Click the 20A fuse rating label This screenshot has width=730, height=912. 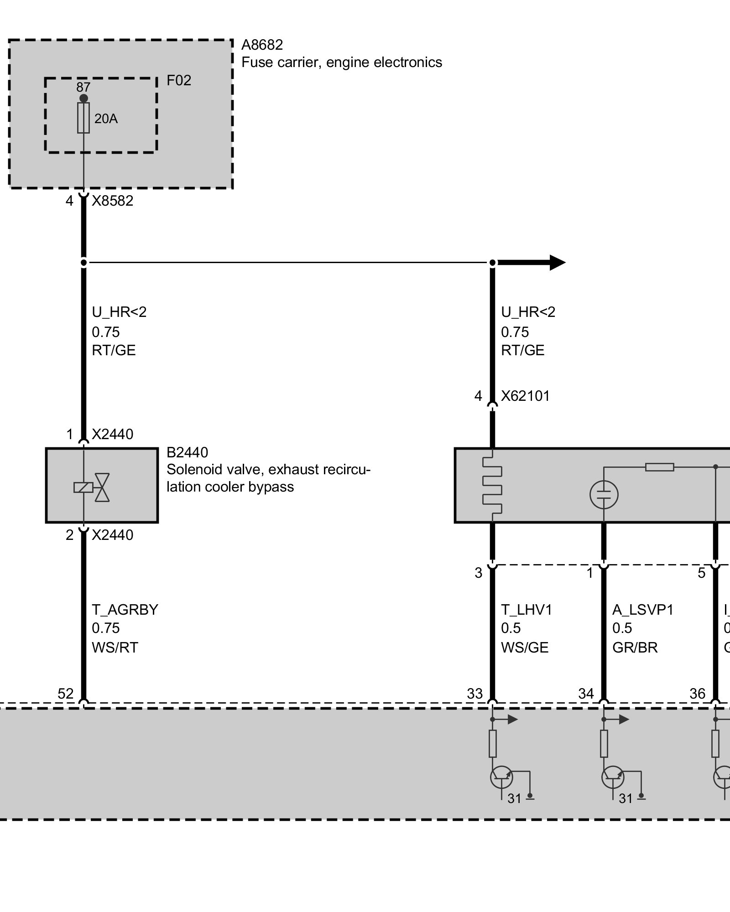(x=106, y=119)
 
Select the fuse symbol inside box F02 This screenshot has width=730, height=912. (x=83, y=118)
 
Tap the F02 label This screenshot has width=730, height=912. (x=178, y=81)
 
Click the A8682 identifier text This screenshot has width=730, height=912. (x=262, y=45)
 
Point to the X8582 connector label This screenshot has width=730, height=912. (x=112, y=201)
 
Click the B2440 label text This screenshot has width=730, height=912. (x=187, y=452)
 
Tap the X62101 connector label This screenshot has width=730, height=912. (x=525, y=396)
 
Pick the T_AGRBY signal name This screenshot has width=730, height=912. (x=125, y=610)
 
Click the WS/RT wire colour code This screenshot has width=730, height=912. (x=115, y=648)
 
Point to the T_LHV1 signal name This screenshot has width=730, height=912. (x=526, y=610)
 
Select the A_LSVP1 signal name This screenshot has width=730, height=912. (x=642, y=610)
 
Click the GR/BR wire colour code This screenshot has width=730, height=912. (x=635, y=648)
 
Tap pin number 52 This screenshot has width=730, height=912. (x=65, y=694)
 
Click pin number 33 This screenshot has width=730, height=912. (x=474, y=694)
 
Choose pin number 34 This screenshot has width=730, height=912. (x=586, y=694)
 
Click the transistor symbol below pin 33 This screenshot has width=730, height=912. (x=501, y=777)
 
